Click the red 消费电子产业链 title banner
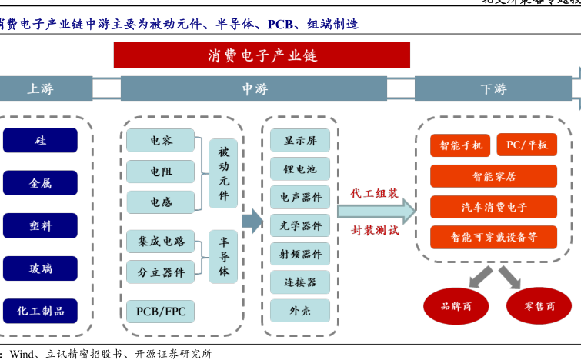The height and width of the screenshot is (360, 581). click(x=262, y=55)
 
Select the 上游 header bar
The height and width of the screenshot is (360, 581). click(x=42, y=89)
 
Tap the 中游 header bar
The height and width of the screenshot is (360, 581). click(x=255, y=89)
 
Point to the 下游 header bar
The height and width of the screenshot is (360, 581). click(x=493, y=89)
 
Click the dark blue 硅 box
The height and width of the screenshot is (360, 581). click(x=41, y=141)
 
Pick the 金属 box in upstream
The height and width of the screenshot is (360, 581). click(x=41, y=184)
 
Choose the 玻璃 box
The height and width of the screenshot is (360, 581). click(x=41, y=268)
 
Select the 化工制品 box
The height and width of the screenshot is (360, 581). click(x=41, y=311)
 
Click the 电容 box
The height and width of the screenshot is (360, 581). click(x=161, y=141)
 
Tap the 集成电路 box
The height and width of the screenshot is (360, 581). click(x=161, y=242)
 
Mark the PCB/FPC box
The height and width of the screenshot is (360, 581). click(x=161, y=311)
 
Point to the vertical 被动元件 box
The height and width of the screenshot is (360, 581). click(x=224, y=173)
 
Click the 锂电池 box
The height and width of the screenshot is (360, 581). click(x=299, y=168)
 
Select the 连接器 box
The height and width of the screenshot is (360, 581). click(x=299, y=282)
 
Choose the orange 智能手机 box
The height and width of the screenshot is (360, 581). click(x=461, y=145)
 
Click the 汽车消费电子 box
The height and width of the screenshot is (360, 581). click(x=493, y=207)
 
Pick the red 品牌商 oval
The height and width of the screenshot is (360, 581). click(x=456, y=306)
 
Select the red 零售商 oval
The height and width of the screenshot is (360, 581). click(x=539, y=306)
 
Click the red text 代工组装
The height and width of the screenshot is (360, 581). click(x=375, y=193)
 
